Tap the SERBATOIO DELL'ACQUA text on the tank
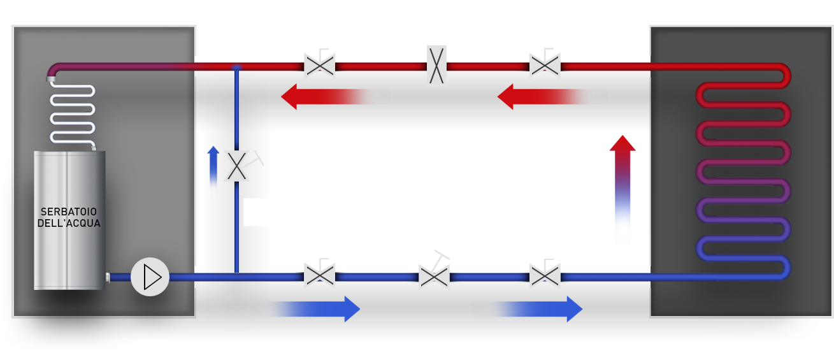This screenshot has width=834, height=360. [69, 217]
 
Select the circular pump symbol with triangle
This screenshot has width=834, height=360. [150, 277]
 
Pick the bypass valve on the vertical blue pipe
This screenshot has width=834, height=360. [237, 166]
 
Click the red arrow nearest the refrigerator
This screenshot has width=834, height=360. [335, 96]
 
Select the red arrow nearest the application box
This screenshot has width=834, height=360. [552, 96]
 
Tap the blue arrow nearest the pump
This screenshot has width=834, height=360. [306, 309]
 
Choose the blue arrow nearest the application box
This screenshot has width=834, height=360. [528, 309]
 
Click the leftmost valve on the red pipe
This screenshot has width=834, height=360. [319, 64]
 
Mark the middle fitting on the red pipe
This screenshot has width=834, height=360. [436, 66]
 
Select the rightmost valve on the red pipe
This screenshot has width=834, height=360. [545, 64]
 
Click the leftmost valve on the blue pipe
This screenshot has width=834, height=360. [319, 275]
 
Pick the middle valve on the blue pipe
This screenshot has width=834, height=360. [435, 274]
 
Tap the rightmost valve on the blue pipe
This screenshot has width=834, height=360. [545, 275]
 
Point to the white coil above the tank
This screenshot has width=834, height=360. [72, 113]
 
